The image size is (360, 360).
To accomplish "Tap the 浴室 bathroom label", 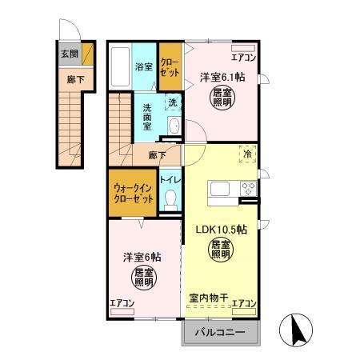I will tap(143, 67).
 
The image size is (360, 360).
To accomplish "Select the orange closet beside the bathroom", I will tap(170, 66).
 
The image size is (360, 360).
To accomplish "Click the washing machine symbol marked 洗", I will tap(173, 102).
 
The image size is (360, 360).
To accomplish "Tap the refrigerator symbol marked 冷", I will tap(247, 154).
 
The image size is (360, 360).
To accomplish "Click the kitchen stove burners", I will tap(248, 190).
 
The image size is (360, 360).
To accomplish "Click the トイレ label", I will tap(170, 180).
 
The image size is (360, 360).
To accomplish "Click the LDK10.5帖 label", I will tap(221, 229).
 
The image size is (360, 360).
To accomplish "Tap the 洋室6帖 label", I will tap(142, 258).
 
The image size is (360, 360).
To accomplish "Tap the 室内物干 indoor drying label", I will tap(209, 298).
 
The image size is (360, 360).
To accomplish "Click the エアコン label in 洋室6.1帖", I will tap(243, 57).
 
